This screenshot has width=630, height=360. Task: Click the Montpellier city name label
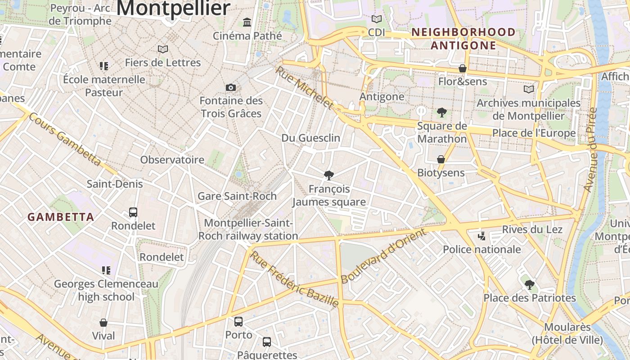pyautogui.click(x=173, y=8)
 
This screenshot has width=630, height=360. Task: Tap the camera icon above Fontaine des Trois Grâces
pyautogui.click(x=231, y=87)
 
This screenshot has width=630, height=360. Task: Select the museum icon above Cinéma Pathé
pyautogui.click(x=247, y=22)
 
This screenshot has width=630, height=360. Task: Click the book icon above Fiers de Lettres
pyautogui.click(x=163, y=49)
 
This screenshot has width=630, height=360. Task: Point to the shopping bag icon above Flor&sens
pyautogui.click(x=462, y=68)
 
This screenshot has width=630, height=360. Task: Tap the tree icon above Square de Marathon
pyautogui.click(x=442, y=112)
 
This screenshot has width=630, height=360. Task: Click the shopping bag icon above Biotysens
pyautogui.click(x=441, y=159)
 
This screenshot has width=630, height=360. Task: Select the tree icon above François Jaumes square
pyautogui.click(x=329, y=175)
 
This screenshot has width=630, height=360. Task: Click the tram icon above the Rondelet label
pyautogui.click(x=133, y=212)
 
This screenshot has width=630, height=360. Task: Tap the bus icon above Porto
pyautogui.click(x=238, y=321)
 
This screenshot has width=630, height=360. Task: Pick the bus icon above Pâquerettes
pyautogui.click(x=267, y=342)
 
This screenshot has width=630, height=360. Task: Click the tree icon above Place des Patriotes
pyautogui.click(x=530, y=284)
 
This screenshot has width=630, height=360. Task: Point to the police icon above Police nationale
pyautogui.click(x=481, y=235)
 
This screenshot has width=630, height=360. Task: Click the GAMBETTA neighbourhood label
pyautogui.click(x=61, y=217)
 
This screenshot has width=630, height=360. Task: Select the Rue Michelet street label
pyautogui.click(x=305, y=88)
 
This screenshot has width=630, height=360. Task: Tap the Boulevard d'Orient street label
pyautogui.click(x=383, y=256)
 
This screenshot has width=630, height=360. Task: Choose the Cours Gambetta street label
pyautogui.click(x=65, y=139)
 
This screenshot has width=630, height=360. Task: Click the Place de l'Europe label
pyautogui.click(x=534, y=133)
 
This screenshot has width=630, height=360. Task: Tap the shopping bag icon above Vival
pyautogui.click(x=103, y=323)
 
